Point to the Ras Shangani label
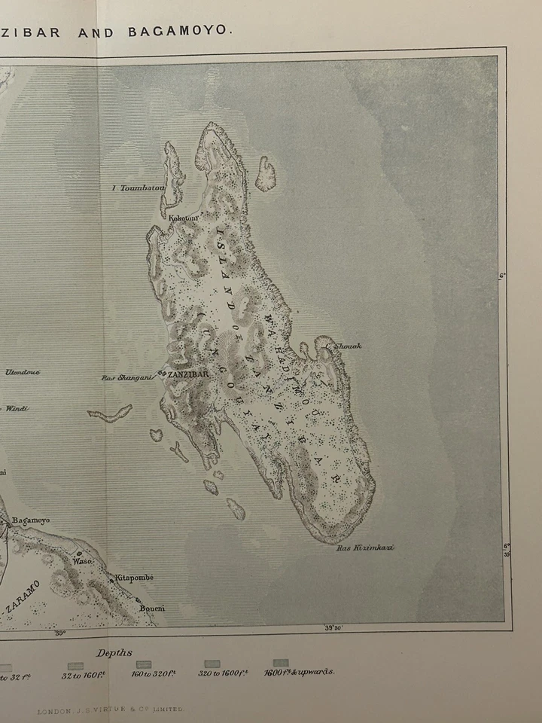click(127, 378)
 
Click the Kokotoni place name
click(183, 218)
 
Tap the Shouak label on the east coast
click(348, 346)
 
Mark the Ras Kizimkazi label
click(365, 548)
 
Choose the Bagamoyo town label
click(31, 520)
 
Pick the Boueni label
click(151, 608)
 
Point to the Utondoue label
click(23, 372)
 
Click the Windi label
click(17, 408)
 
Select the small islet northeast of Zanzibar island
click(265, 174)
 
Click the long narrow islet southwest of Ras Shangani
click(110, 413)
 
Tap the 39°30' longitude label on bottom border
click(336, 627)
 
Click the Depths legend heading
click(114, 652)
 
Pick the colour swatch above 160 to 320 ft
click(143, 664)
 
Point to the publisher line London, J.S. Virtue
click(110, 709)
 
